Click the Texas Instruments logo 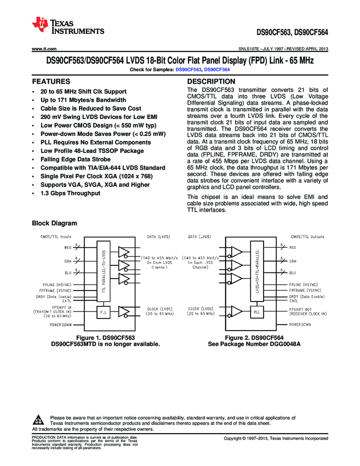pyautogui.click(x=68, y=26)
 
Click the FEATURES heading pyautogui.click(x=51, y=81)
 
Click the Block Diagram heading pyautogui.click(x=54, y=223)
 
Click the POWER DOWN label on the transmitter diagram pyautogui.click(x=60, y=325)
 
